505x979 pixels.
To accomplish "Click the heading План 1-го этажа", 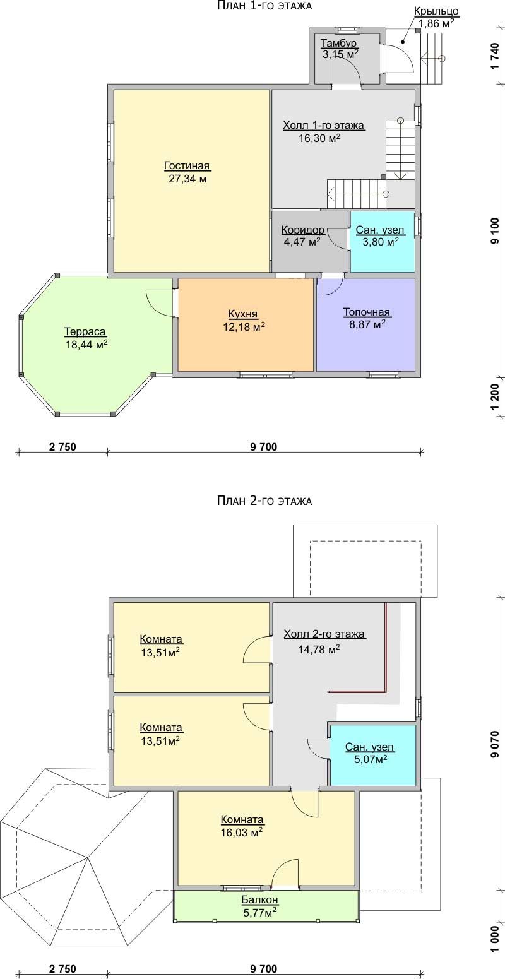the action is (x=264, y=6).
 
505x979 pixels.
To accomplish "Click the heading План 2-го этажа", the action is (x=264, y=501).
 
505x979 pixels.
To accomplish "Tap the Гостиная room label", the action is (x=187, y=166).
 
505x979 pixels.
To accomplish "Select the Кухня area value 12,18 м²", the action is (x=244, y=326).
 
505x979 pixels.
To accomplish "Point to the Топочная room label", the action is (x=366, y=312).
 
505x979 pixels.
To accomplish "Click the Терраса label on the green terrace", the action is (x=85, y=332).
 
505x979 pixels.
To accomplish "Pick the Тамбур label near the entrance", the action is (x=339, y=43).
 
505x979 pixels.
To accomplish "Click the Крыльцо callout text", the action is (x=436, y=11).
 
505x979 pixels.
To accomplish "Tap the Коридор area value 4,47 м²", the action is (x=302, y=241).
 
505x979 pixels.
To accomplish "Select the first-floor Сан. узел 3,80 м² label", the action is (x=379, y=235).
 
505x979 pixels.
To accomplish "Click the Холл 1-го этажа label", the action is (x=323, y=126).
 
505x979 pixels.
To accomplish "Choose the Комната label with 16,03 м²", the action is (x=242, y=819).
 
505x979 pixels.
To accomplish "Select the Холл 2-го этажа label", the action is (x=324, y=634).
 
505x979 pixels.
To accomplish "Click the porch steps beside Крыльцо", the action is (x=434, y=59).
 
